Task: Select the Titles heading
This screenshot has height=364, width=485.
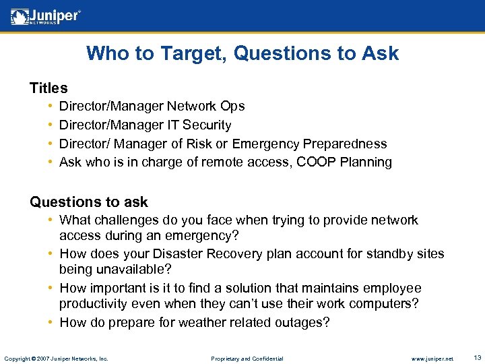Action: (48, 88)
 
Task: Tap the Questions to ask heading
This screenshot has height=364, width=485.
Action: (89, 202)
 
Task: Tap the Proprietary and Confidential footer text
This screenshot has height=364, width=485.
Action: (247, 358)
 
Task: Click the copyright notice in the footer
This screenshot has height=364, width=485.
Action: (56, 358)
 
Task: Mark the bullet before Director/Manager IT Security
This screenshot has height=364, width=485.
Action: (51, 125)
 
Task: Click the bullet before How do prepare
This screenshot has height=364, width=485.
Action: (51, 322)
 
